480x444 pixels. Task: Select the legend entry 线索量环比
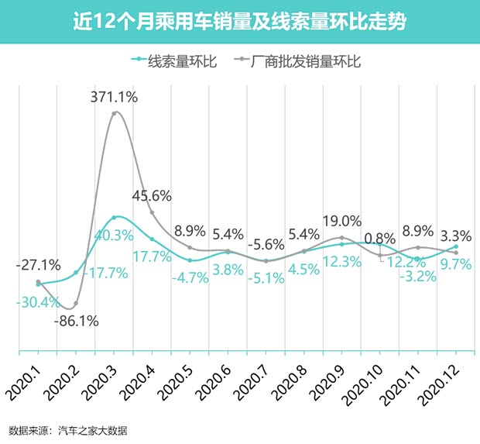point(167,60)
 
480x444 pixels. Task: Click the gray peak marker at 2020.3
point(115,113)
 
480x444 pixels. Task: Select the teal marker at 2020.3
point(115,218)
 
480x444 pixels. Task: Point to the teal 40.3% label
point(114,235)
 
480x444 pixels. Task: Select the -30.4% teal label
point(37,302)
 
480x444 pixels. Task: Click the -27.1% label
point(37,267)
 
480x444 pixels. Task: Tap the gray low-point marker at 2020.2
point(76,303)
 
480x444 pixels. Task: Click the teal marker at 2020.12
point(456,246)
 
